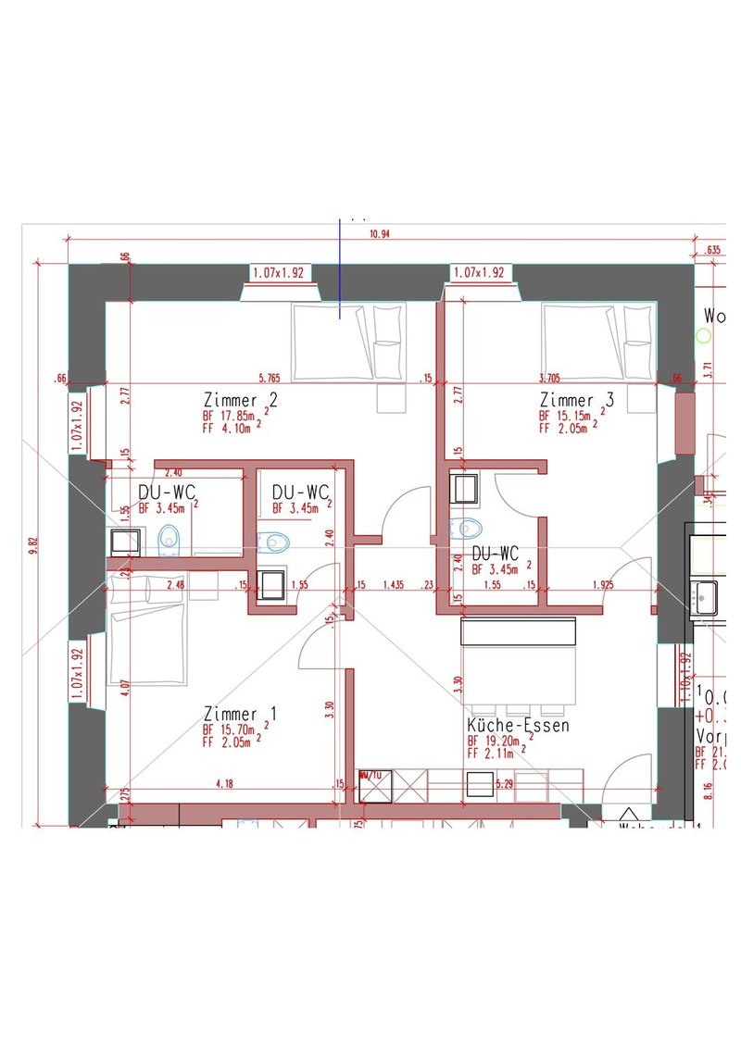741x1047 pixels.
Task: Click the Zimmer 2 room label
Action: click(x=241, y=400)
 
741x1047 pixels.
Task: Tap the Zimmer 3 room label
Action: click(x=576, y=400)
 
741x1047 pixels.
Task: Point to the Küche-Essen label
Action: click(x=518, y=726)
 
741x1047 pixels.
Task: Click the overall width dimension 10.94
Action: click(x=379, y=234)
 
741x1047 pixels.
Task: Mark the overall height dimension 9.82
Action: click(x=33, y=546)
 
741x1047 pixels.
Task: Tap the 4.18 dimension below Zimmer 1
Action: click(x=223, y=784)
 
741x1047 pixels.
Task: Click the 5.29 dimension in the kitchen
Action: click(x=505, y=784)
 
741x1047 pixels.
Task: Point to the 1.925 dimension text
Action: click(x=603, y=586)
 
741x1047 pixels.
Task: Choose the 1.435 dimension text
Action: click(x=394, y=586)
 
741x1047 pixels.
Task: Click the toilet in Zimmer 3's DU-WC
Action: click(x=467, y=528)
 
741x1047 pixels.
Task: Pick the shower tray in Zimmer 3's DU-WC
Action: click(x=463, y=487)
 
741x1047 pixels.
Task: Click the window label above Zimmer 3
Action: click(x=479, y=272)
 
